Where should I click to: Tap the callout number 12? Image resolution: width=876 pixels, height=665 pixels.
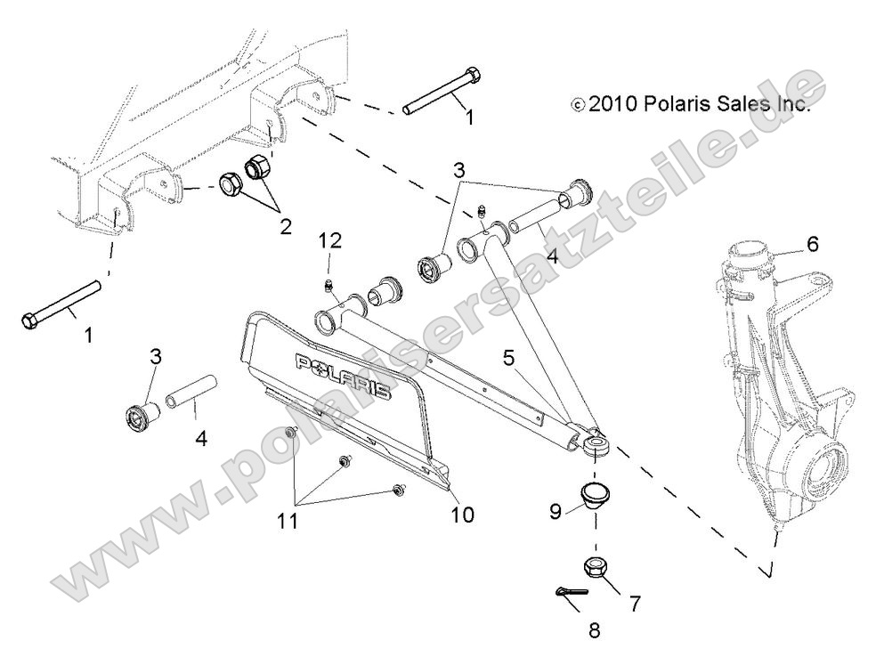click(330, 241)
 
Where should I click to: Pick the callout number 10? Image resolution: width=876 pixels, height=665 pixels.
click(462, 514)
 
